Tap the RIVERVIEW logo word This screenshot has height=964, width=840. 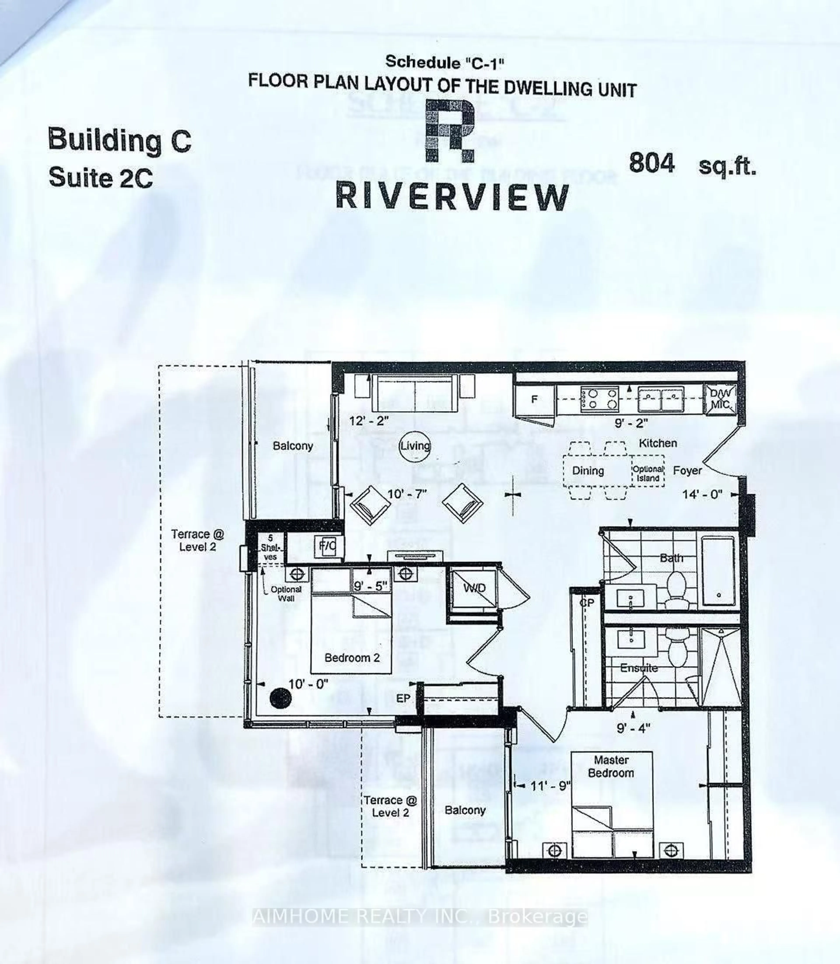tap(452, 197)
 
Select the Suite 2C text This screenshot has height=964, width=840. tap(101, 178)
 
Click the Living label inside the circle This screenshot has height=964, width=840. tap(415, 446)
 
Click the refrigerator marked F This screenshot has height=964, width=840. tap(534, 400)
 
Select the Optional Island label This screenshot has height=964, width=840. tap(648, 473)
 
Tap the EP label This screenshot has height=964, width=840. tap(403, 699)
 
